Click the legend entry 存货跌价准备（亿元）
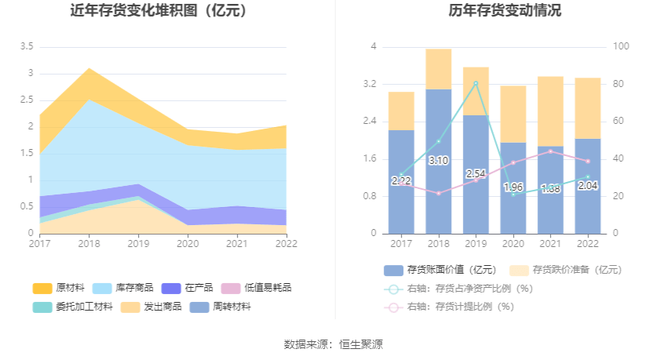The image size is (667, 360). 567,270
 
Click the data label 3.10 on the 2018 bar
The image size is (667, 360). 439,161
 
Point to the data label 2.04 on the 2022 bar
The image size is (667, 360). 588,186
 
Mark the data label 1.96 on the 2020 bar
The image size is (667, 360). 513,187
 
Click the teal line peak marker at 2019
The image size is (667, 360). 476,83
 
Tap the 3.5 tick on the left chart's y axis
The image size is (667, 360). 26,47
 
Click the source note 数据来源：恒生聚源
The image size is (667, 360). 333,344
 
